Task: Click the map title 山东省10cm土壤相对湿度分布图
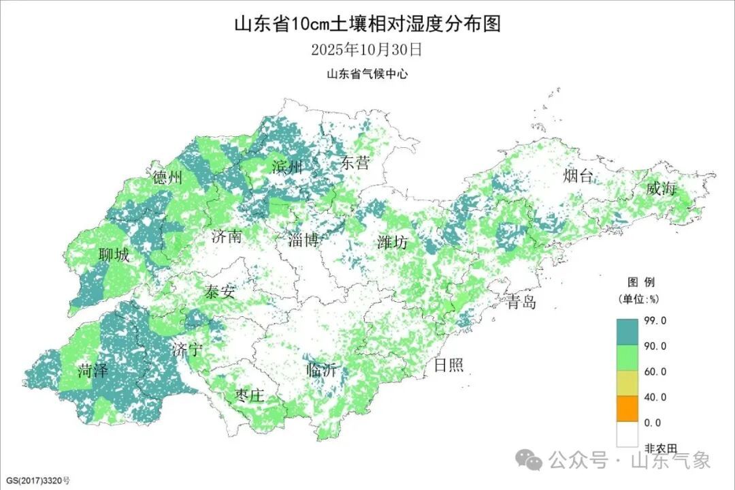pyautogui.click(x=367, y=25)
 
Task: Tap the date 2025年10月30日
pyautogui.click(x=367, y=50)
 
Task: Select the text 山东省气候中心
pyautogui.click(x=367, y=74)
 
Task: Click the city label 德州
pyautogui.click(x=167, y=178)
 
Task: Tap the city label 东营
pyautogui.click(x=355, y=163)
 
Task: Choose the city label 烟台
pyautogui.click(x=578, y=177)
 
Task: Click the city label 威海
pyautogui.click(x=661, y=189)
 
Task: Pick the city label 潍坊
pyautogui.click(x=393, y=242)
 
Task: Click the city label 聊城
pyautogui.click(x=113, y=256)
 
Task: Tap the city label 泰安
pyautogui.click(x=219, y=292)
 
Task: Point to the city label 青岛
pyautogui.click(x=521, y=302)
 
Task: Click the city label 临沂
pyautogui.click(x=321, y=371)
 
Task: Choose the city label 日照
pyautogui.click(x=448, y=365)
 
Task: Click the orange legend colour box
pyautogui.click(x=627, y=410)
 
